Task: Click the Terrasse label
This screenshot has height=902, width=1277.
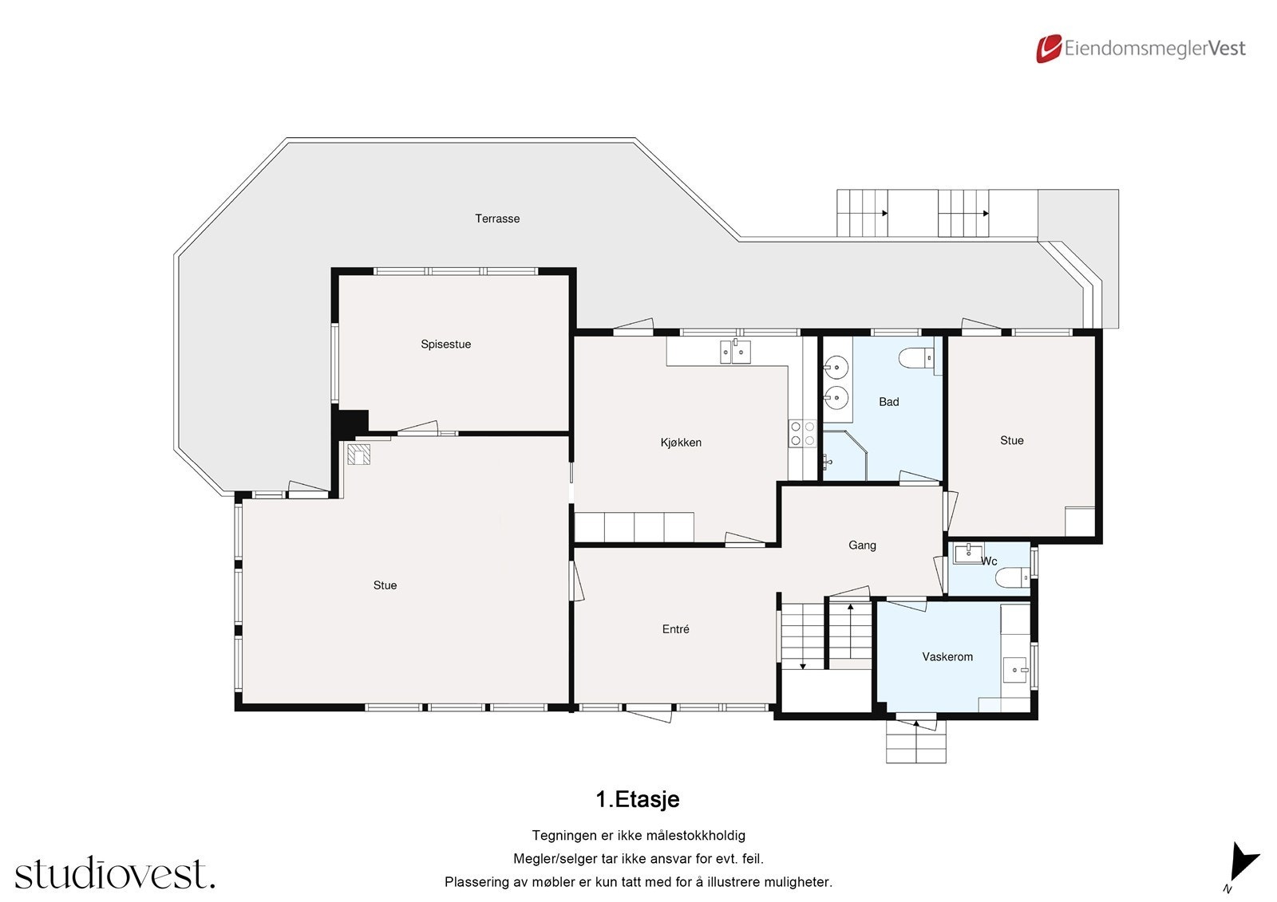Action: click(497, 219)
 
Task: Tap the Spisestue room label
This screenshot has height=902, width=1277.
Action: click(445, 345)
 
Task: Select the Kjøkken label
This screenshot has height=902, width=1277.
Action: click(681, 443)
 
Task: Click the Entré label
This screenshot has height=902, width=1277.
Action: click(675, 629)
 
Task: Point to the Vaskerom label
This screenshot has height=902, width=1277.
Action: click(947, 657)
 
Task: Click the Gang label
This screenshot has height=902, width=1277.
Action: click(862, 546)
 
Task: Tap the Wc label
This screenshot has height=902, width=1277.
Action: click(989, 561)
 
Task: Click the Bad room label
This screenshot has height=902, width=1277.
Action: click(888, 402)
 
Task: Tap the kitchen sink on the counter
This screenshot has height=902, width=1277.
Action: click(735, 351)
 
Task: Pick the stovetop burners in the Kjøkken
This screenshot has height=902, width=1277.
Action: click(802, 433)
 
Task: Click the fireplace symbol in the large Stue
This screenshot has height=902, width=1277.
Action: click(359, 455)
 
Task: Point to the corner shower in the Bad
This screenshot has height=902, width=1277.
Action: click(842, 456)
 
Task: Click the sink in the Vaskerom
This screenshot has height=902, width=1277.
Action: click(1016, 668)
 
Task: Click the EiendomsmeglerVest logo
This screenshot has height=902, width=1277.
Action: click(1141, 49)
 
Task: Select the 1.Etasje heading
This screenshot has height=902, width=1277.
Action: click(637, 799)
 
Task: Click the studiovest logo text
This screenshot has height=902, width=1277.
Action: click(115, 873)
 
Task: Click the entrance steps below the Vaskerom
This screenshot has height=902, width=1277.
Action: click(915, 743)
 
